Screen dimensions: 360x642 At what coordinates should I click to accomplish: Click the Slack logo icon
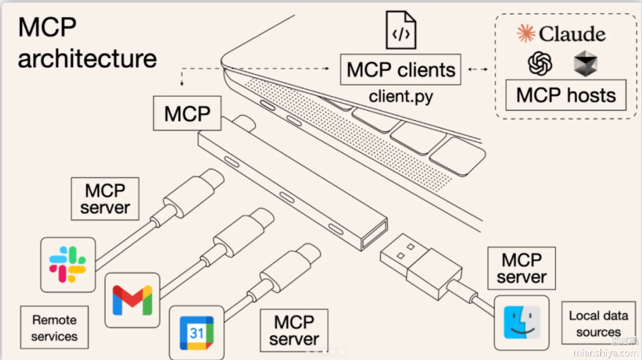pyautogui.click(x=67, y=265)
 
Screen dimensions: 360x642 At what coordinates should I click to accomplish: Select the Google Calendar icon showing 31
pyautogui.click(x=196, y=332)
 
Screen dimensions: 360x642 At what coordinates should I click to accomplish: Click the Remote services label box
pyautogui.click(x=54, y=328)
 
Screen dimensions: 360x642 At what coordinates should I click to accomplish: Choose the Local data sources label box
pyautogui.click(x=598, y=324)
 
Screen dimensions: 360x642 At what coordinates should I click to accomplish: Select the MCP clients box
pyautogui.click(x=401, y=71)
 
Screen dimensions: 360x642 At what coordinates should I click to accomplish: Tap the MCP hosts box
pyautogui.click(x=566, y=95)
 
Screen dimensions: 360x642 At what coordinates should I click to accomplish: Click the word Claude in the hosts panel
pyautogui.click(x=572, y=33)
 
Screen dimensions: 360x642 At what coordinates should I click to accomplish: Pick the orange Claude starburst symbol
pyautogui.click(x=525, y=32)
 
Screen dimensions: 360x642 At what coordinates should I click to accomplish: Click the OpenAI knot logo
pyautogui.click(x=540, y=64)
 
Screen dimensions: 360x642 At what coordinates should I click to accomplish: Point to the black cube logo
pyautogui.click(x=585, y=64)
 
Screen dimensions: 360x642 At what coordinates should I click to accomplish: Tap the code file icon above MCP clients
pyautogui.click(x=400, y=32)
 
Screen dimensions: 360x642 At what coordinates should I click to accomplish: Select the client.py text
pyautogui.click(x=400, y=95)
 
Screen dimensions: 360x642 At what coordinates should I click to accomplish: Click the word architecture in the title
pyautogui.click(x=88, y=58)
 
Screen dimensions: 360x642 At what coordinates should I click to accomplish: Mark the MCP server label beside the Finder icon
pyautogui.click(x=521, y=268)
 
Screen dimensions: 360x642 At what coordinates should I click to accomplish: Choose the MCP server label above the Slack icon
pyautogui.click(x=105, y=198)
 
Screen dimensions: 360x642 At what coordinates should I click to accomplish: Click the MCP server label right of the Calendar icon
pyautogui.click(x=294, y=330)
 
